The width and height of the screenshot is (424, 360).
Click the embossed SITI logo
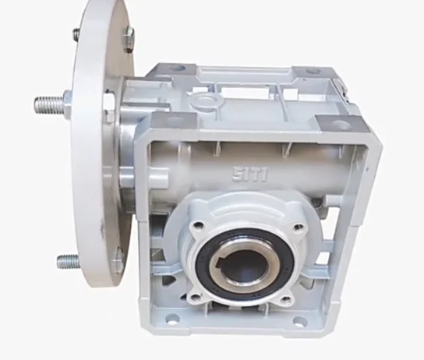tap(250, 175)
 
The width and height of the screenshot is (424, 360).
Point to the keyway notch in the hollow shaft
tap(217, 262)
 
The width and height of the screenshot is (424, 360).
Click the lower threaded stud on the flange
tap(68, 262)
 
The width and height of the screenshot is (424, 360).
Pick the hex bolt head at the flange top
tap(129, 39)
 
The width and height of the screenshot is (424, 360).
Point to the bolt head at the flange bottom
tap(118, 263)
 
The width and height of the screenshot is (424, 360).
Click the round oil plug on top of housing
tap(206, 101)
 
